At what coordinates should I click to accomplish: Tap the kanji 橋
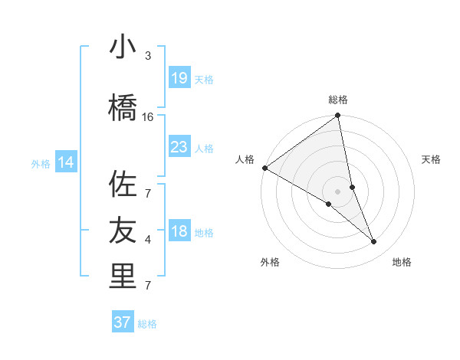(123, 108)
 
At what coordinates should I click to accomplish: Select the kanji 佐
(123, 185)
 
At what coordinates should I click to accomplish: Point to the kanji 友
(123, 230)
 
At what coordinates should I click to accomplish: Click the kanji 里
(123, 277)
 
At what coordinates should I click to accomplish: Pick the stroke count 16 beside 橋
(148, 117)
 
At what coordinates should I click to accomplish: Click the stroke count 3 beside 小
(148, 56)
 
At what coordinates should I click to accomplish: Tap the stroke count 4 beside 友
(148, 240)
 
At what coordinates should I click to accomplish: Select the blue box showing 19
(179, 78)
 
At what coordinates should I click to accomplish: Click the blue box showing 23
(179, 146)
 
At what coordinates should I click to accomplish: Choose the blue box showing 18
(179, 231)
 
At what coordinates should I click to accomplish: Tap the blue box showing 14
(66, 162)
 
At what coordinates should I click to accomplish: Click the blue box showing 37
(123, 322)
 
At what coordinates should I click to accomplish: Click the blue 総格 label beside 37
(147, 324)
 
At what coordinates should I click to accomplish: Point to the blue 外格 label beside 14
(41, 163)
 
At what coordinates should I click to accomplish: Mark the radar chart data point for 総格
(338, 116)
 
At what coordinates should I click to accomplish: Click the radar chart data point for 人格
(264, 168)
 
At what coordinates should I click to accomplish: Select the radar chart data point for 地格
(374, 242)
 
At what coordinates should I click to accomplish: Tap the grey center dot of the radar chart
(337, 191)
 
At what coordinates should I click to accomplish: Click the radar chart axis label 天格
(431, 159)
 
